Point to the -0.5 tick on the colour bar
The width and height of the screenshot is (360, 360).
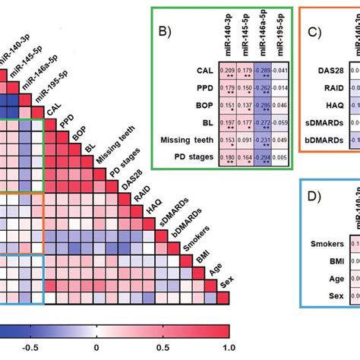click(x=30, y=348)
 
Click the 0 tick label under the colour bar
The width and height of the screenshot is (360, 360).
click(x=96, y=348)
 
